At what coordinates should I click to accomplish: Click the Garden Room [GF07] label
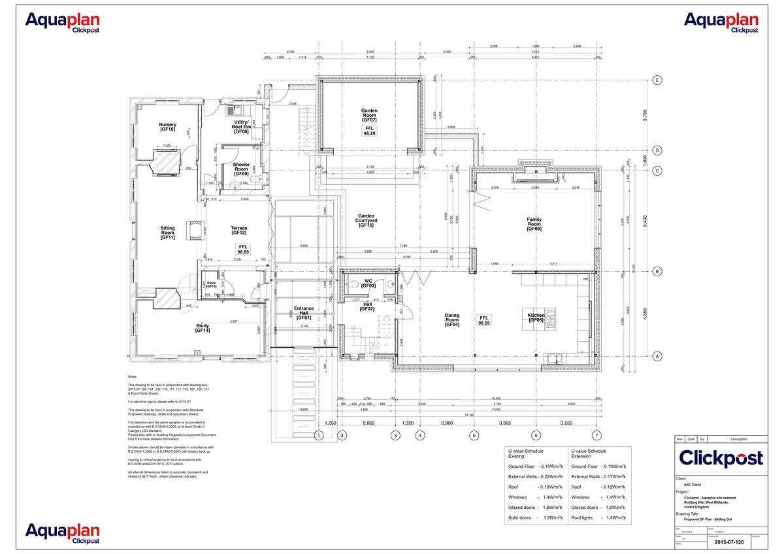[369, 116]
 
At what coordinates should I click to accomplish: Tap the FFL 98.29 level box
[369, 131]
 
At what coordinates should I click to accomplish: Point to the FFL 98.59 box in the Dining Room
[484, 320]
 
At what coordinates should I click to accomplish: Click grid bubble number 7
[595, 435]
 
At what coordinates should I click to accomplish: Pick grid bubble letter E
[658, 80]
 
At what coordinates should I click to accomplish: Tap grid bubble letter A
[658, 356]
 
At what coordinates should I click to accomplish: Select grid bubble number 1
[318, 435]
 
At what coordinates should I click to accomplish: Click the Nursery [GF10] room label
[167, 127]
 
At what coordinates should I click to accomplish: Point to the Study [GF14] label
[202, 328]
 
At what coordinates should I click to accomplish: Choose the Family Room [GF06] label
[534, 224]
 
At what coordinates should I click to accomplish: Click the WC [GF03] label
[369, 283]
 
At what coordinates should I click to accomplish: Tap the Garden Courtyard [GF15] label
[365, 220]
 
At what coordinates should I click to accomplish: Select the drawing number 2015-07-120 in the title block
[728, 542]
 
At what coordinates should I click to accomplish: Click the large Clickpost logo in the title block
[721, 458]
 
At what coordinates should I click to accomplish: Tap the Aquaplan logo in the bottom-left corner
[63, 533]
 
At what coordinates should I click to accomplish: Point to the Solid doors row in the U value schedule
[535, 517]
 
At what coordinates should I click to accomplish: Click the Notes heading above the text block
[133, 378]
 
